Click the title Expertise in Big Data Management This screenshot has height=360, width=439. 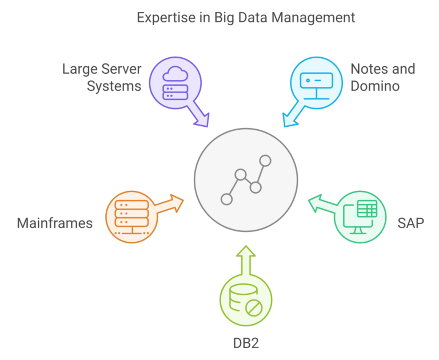(x=246, y=18)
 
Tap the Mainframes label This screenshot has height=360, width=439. (x=55, y=223)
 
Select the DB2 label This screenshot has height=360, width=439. (x=246, y=343)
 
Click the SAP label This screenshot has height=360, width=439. (x=411, y=223)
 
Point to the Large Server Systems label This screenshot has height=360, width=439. (x=102, y=77)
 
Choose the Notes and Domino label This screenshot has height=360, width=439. (x=383, y=77)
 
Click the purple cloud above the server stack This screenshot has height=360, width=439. (x=175, y=74)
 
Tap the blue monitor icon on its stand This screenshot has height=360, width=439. (x=316, y=86)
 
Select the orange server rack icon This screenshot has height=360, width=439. (x=131, y=217)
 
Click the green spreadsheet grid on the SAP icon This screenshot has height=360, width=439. (x=367, y=209)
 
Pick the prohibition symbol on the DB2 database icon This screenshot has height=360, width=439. (x=254, y=307)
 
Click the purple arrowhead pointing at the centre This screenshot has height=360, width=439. (x=202, y=121)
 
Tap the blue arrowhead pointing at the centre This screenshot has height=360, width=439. (x=290, y=121)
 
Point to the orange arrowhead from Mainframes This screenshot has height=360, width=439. (x=177, y=202)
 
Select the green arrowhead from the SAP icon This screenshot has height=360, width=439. (x=315, y=203)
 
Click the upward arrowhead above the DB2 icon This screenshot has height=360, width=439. (x=246, y=251)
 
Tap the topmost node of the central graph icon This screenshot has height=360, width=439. (x=265, y=161)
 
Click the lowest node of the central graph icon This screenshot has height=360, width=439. (x=226, y=199)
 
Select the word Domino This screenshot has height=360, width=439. (x=375, y=86)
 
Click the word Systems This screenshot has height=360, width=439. (x=114, y=86)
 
